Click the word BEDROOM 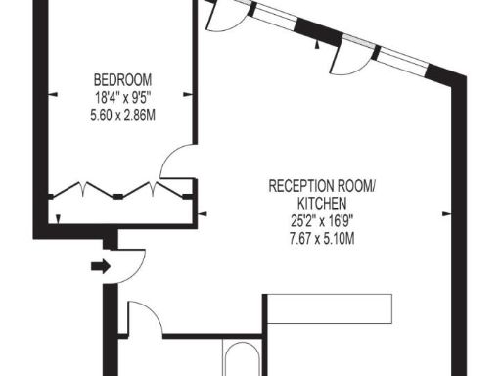pyautogui.click(x=122, y=79)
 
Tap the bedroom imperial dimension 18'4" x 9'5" pyautogui.click(x=122, y=97)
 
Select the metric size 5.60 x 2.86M pyautogui.click(x=122, y=114)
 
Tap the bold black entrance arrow pyautogui.click(x=100, y=264)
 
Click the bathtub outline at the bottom pyautogui.click(x=243, y=360)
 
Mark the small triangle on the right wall pyautogui.click(x=445, y=211)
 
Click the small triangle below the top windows pyautogui.click(x=315, y=44)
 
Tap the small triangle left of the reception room pyautogui.click(x=202, y=212)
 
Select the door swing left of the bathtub pyautogui.click(x=145, y=319)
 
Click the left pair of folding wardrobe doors pyautogui.click(x=83, y=188)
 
